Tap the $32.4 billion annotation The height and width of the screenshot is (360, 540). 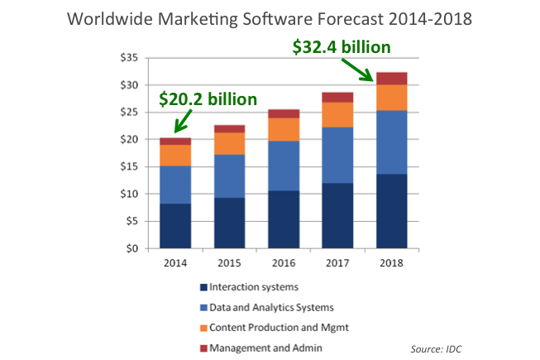click(342, 47)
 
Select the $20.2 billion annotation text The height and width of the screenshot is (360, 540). click(208, 99)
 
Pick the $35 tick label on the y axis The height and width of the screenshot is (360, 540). click(129, 58)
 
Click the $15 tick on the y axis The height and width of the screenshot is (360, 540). click(129, 166)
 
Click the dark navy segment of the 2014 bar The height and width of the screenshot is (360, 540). click(175, 225)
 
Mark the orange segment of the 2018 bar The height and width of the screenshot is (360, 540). click(391, 97)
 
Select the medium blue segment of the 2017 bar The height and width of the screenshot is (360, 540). click(337, 155)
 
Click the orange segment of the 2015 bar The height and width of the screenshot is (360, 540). click(229, 143)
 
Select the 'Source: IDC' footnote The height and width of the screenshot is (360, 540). click(437, 348)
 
